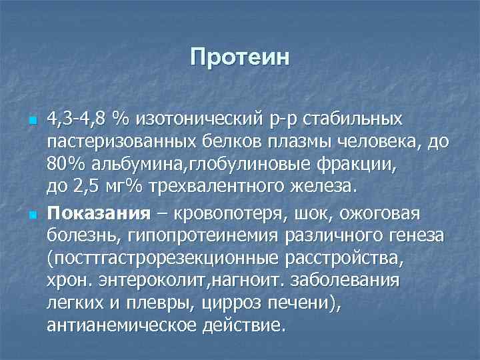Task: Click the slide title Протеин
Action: [x=240, y=57]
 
